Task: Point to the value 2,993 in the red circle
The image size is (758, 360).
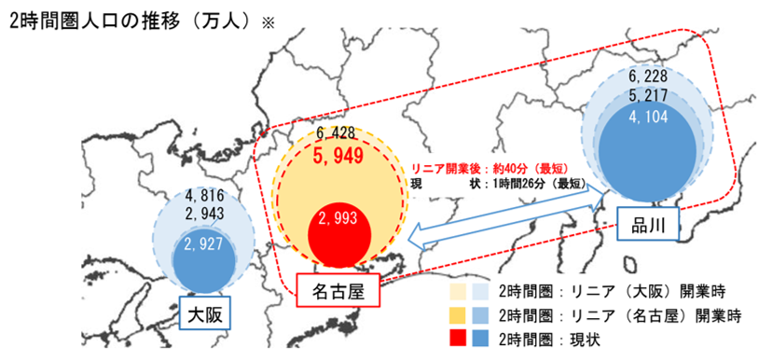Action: pyautogui.click(x=338, y=219)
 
